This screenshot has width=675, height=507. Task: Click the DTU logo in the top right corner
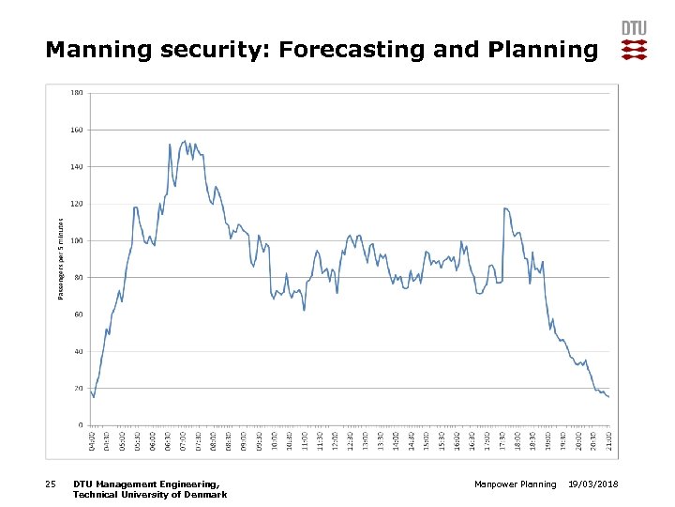(x=634, y=40)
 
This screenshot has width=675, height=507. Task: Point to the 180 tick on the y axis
(x=76, y=92)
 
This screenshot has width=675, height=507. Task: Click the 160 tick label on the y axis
(x=76, y=130)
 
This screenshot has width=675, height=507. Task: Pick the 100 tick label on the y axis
(x=76, y=240)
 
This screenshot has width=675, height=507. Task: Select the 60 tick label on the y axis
(x=78, y=314)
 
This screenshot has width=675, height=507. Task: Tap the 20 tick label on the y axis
(x=78, y=388)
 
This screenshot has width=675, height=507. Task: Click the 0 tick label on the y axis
(x=81, y=424)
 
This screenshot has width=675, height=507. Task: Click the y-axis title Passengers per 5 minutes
(x=61, y=258)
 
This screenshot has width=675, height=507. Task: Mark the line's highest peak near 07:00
(x=184, y=141)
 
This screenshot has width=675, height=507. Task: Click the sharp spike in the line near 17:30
(x=504, y=208)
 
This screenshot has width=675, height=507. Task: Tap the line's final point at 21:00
(x=608, y=397)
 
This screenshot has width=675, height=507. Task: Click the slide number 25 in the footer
(x=51, y=484)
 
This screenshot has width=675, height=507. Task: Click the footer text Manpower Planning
(x=516, y=484)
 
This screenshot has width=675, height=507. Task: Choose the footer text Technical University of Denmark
(x=149, y=494)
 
